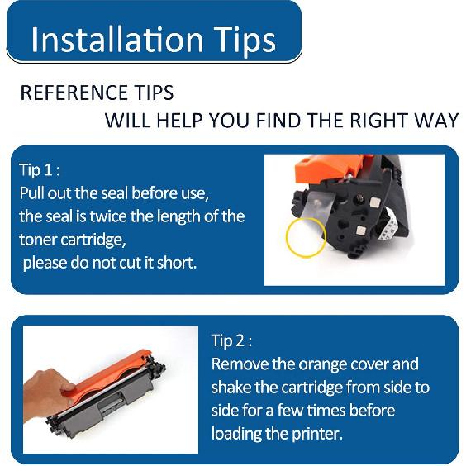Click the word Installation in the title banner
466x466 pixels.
(x=116, y=39)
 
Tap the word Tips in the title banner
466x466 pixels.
(x=245, y=41)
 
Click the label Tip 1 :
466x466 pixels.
(x=40, y=170)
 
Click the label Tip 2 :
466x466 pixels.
(x=231, y=340)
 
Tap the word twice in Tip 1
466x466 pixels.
(x=108, y=216)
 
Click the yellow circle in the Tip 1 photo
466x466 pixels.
(x=286, y=238)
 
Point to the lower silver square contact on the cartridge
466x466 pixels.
(x=361, y=231)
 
